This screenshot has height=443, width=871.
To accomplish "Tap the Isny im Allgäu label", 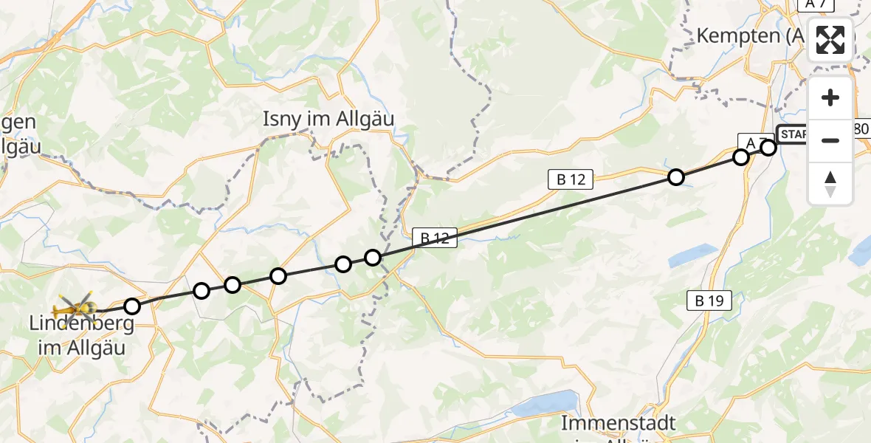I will pos(329,119).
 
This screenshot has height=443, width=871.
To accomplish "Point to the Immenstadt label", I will pos(619,424).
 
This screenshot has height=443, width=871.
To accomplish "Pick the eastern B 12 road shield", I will pos(570,179).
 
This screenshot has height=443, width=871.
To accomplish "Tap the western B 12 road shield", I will pos(435,238).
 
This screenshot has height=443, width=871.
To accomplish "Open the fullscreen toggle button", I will pos(830,40).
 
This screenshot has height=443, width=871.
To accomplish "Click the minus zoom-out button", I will pos(830,140).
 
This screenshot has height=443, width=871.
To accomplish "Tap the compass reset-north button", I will pos(830,183).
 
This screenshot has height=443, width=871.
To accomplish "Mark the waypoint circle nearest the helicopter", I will pos(131,306).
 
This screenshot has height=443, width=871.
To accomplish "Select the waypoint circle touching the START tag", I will pos(768,148).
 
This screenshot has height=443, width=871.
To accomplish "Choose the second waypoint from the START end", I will pos(741,157).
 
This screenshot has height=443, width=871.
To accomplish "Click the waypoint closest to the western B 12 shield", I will pos(373,257).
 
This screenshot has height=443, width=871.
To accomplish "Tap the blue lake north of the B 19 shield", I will pos(692,255).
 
